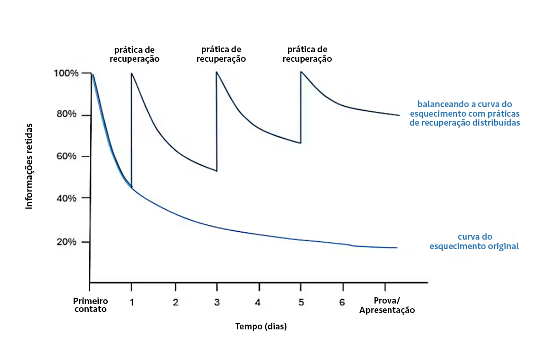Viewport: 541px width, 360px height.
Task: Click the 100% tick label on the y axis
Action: tap(66, 73)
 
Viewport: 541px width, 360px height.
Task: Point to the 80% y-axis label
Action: tap(67, 115)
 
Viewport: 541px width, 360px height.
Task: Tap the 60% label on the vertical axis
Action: tap(67, 156)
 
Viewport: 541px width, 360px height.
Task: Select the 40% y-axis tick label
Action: tap(67, 198)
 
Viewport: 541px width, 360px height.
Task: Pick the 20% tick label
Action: tap(67, 242)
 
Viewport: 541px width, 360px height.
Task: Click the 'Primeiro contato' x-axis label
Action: tap(90, 305)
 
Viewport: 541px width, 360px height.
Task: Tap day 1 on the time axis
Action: tap(132, 302)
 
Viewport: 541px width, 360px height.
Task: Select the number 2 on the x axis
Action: tap(175, 302)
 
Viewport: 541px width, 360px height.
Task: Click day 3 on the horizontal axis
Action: tap(217, 302)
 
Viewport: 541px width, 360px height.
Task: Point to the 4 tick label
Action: tap(258, 302)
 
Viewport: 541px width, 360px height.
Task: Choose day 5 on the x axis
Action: tap(301, 302)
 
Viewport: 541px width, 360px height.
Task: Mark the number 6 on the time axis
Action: tap(342, 302)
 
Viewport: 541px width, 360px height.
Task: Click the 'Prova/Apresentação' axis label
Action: tap(387, 306)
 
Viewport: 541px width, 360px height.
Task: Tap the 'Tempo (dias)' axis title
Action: tap(261, 327)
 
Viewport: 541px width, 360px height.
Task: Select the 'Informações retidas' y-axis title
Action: tap(30, 166)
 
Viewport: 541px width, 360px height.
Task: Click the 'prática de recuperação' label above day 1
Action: tap(135, 54)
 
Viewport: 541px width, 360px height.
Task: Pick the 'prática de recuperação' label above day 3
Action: tap(221, 54)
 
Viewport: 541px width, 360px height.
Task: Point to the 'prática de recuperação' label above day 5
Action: tap(307, 54)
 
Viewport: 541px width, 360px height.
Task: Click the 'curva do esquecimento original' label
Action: tap(473, 241)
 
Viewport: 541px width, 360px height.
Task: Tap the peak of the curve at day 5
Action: tap(301, 72)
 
